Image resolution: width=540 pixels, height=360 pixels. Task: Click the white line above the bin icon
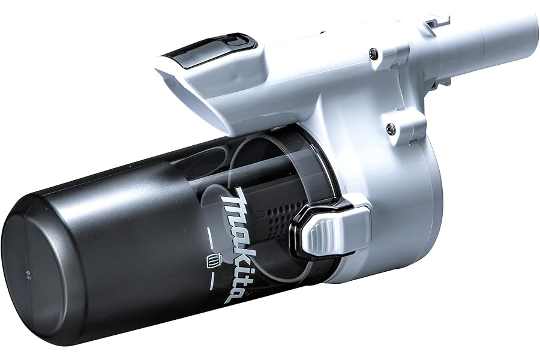(x=210, y=238)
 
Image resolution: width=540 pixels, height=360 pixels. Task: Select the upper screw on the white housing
(x=374, y=53)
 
